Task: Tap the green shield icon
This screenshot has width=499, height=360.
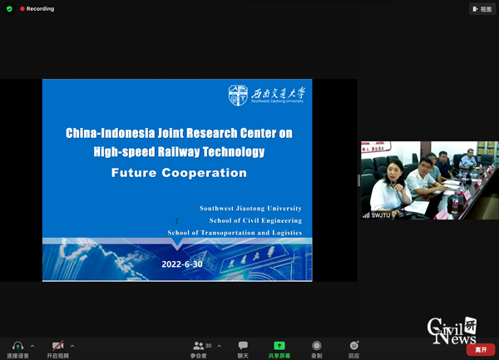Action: [x=9, y=8]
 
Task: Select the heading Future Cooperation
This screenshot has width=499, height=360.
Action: [x=179, y=173]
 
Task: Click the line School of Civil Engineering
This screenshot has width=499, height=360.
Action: [x=255, y=220]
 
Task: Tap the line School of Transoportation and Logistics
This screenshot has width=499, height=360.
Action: [x=235, y=233]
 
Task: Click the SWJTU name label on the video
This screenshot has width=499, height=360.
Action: [x=380, y=215]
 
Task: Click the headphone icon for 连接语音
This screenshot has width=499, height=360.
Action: [x=17, y=346]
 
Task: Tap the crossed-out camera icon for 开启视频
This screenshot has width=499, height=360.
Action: [x=57, y=346]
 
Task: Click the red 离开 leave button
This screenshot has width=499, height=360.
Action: [x=480, y=350]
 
